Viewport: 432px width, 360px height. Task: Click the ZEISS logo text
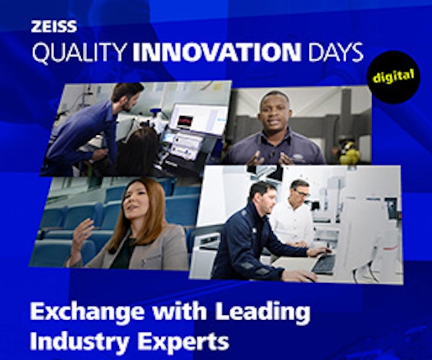pos(54,27)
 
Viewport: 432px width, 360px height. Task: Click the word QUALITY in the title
pos(80,52)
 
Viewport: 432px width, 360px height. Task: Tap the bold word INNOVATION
pos(217,52)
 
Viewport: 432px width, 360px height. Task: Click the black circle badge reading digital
pos(393,77)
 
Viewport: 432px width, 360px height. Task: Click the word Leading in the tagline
pos(263,312)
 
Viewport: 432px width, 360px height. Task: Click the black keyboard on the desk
pos(323,264)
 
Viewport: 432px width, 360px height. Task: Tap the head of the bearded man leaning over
pos(128,96)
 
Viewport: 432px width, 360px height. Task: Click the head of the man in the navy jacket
pos(263,196)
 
